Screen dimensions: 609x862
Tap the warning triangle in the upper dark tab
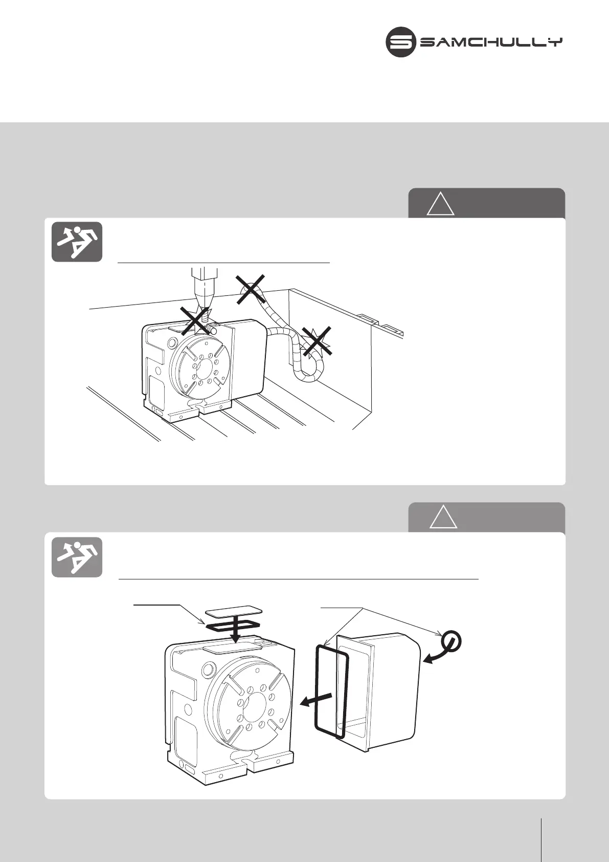click(441, 204)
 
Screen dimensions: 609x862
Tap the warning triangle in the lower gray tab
click(443, 516)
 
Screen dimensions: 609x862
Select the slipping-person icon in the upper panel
click(77, 242)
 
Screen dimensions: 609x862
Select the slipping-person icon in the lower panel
click(77, 557)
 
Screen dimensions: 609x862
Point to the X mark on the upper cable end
click(250, 290)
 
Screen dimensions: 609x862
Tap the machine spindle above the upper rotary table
click(203, 287)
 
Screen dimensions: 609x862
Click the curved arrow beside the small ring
click(433, 657)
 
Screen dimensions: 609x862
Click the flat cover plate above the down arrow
click(234, 611)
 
